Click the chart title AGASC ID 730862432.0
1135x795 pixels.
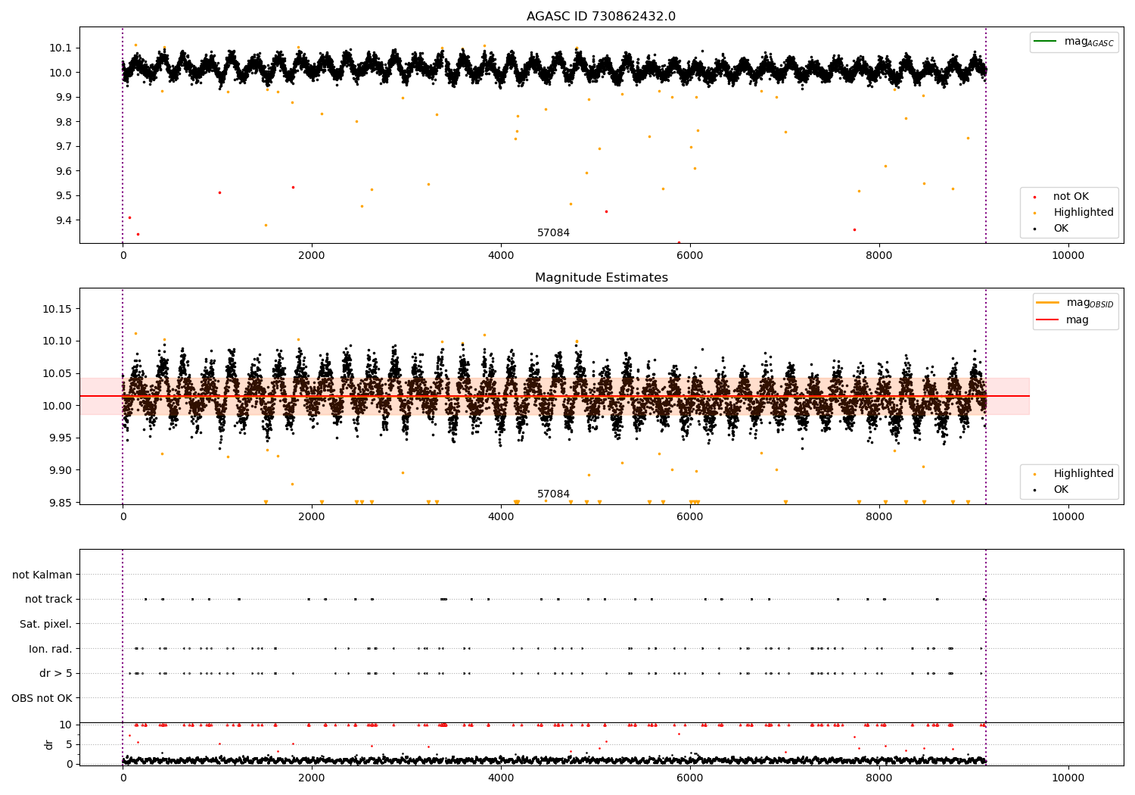601,16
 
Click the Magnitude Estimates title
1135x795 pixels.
602,277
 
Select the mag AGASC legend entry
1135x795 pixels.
1074,42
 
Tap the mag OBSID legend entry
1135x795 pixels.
1074,303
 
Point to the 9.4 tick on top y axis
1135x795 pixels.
64,220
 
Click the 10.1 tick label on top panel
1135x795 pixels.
61,48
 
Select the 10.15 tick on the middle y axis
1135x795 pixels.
58,308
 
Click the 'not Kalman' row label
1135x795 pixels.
42,575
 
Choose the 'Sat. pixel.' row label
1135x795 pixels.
45,624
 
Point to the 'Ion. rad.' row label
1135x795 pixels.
50,648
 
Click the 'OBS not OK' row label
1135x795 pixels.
42,698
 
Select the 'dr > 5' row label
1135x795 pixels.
56,673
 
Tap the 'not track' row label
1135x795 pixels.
48,599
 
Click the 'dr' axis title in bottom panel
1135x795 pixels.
48,744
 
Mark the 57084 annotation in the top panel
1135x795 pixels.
553,232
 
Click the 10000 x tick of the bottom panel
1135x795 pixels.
1068,778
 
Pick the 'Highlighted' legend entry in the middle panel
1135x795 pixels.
1074,473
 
